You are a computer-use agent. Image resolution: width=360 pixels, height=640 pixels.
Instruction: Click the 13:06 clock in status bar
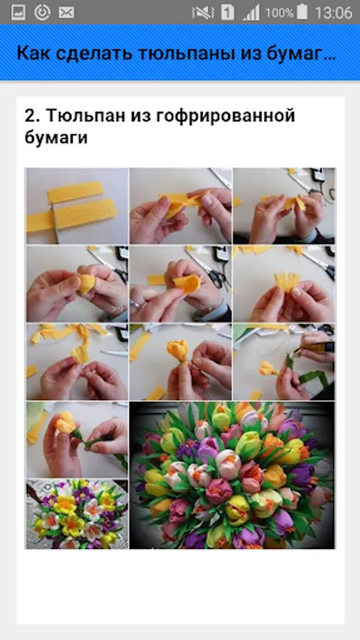tap(334, 12)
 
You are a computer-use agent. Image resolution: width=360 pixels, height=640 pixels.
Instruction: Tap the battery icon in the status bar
tap(302, 12)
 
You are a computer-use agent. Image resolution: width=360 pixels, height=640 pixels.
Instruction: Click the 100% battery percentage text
tap(279, 13)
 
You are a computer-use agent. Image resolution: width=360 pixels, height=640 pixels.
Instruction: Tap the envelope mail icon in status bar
tap(67, 13)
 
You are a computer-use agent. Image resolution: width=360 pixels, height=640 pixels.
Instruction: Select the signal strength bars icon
tap(251, 13)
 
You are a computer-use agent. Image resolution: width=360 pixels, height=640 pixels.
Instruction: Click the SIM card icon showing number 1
tap(228, 12)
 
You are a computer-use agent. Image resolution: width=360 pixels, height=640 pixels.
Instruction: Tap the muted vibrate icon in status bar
tap(203, 13)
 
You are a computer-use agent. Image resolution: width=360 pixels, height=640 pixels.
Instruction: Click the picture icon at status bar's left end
tap(18, 13)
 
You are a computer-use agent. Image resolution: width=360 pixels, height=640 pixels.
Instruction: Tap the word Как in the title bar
tap(33, 53)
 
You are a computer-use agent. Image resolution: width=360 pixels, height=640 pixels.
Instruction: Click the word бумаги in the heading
tap(56, 137)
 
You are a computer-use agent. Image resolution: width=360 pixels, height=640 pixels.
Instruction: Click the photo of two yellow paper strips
tap(77, 206)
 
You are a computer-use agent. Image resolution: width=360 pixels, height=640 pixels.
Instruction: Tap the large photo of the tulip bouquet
tap(232, 475)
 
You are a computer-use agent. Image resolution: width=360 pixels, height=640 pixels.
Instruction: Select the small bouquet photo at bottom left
tap(77, 514)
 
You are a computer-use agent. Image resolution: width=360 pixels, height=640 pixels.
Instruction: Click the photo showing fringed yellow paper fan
tap(284, 284)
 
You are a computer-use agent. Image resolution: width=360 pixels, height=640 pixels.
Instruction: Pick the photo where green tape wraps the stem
tap(284, 362)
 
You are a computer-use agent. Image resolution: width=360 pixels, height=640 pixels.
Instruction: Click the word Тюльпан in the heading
tap(85, 117)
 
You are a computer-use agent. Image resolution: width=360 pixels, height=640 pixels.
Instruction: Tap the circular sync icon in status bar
tap(42, 13)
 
